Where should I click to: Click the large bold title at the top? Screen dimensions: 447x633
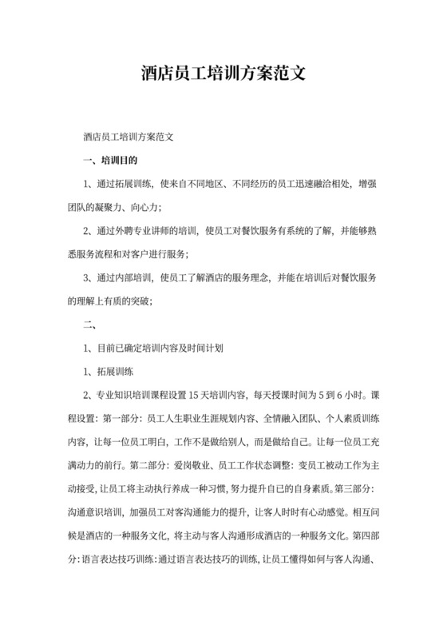click(x=223, y=74)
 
